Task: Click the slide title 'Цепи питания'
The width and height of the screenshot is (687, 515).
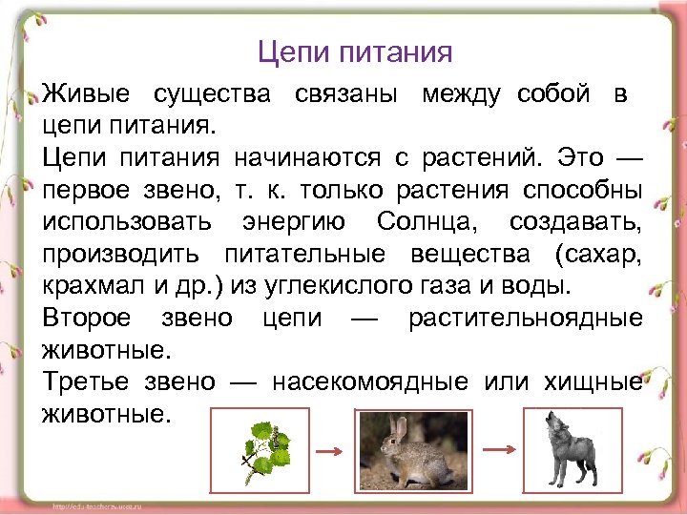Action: click(355, 51)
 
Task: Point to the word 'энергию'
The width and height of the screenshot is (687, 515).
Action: click(298, 222)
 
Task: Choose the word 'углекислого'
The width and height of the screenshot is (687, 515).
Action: click(336, 285)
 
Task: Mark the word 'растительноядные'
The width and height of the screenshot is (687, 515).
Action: click(525, 318)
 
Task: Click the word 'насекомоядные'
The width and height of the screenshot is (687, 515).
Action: click(369, 381)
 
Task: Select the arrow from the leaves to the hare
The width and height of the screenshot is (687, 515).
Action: click(328, 450)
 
